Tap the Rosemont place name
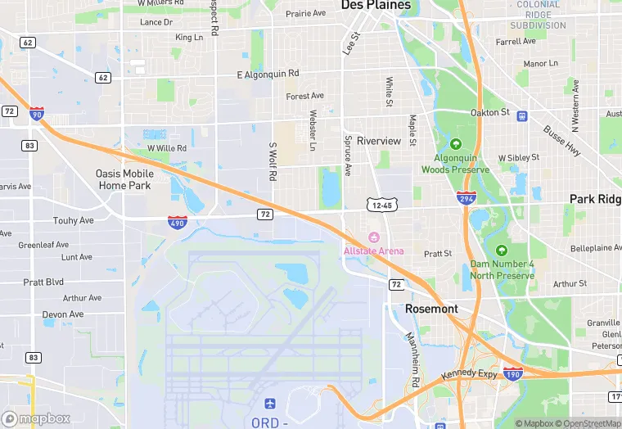[431, 309]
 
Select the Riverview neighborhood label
[379, 141]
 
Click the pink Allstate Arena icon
[373, 237]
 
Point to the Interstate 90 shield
[36, 114]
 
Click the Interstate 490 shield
[177, 221]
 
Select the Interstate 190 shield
[512, 373]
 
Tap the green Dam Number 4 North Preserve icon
[502, 251]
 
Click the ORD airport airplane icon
[270, 404]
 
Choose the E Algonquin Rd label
[268, 74]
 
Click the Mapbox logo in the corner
[36, 418]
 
